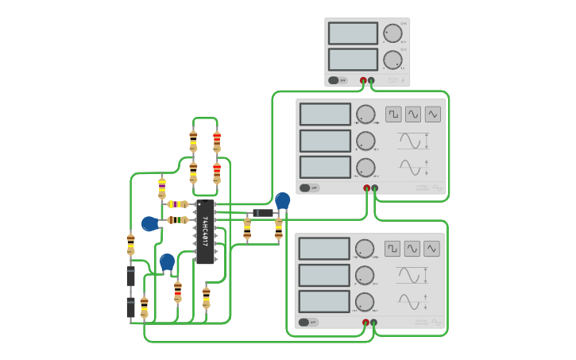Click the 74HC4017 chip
coord(204,231)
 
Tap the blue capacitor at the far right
coord(282,201)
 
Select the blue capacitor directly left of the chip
coord(149,224)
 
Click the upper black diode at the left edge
coord(130,276)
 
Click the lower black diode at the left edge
coord(130,308)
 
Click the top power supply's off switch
coord(338,80)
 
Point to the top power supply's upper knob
coord(392,33)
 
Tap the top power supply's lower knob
coord(392,60)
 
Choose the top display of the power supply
coord(353,33)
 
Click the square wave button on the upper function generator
coord(393,114)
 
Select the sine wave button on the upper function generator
coord(413,114)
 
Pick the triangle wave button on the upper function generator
coord(432,114)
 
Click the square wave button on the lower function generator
coord(392,249)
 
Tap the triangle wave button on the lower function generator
coord(431,249)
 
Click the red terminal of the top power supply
coord(364,80)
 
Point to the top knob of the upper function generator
coord(365,114)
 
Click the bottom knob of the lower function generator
coord(365,302)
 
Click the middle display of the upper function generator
coord(325,141)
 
